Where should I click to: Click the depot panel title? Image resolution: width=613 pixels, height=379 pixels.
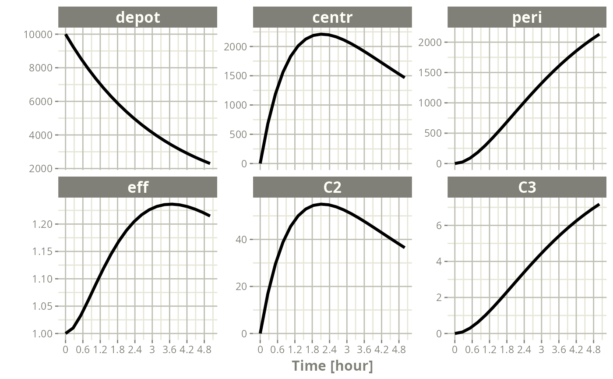[x=137, y=18]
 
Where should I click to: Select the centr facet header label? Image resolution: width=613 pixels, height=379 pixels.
[x=332, y=18]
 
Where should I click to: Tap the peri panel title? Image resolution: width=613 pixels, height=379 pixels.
[x=527, y=18]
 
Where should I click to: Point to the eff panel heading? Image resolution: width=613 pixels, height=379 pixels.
[x=137, y=188]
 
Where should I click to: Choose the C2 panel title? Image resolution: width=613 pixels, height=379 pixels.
[x=332, y=188]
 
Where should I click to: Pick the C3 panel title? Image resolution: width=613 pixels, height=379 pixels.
[x=527, y=188]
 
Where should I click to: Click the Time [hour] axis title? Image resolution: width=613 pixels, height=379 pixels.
[x=332, y=366]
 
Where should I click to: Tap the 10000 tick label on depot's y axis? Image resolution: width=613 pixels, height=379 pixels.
[x=38, y=35]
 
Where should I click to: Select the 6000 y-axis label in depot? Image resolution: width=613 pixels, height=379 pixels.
[x=41, y=102]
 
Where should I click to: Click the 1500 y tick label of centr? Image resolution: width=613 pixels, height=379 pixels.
[x=236, y=76]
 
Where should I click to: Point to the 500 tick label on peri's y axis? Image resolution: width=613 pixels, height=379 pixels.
[x=433, y=133]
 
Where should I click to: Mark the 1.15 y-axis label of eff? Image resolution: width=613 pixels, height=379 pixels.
[x=42, y=251]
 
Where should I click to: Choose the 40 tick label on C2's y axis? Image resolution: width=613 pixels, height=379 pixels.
[x=241, y=240]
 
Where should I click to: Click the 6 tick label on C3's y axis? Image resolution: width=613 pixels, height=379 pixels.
[x=439, y=226]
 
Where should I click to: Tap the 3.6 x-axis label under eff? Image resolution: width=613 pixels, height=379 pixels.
[x=169, y=350]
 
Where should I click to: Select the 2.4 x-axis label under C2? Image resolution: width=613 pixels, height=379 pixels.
[x=329, y=350]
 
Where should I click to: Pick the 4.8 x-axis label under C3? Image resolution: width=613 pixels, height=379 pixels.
[x=593, y=350]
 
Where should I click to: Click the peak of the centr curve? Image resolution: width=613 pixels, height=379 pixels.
[x=321, y=34]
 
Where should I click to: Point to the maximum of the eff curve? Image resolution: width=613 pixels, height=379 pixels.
[x=171, y=204]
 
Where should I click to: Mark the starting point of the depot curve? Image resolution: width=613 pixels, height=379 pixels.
[x=66, y=35]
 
